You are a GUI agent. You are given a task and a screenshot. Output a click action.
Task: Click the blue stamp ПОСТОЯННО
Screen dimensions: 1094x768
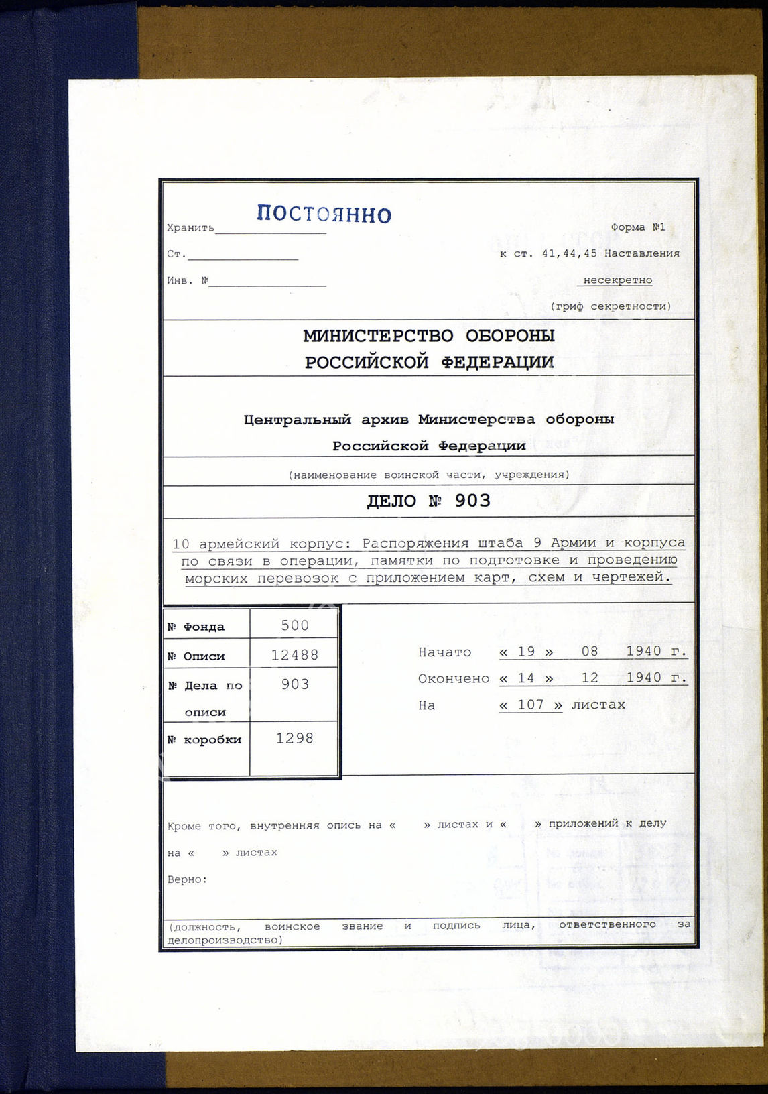pos(324,214)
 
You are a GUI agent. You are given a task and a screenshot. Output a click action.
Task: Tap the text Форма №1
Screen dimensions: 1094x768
pos(637,227)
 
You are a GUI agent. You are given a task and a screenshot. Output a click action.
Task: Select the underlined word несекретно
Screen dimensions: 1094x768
pos(617,280)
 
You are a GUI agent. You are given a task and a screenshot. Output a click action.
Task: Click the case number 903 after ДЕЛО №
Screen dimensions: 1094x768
pos(472,501)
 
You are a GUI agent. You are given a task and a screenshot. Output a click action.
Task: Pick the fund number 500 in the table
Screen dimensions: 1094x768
pos(295,625)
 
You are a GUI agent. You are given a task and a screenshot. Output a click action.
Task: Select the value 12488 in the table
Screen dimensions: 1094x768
pos(295,655)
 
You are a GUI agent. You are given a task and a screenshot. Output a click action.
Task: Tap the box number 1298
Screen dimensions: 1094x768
pos(295,739)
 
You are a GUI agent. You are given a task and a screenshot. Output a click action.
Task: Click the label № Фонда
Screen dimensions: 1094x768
pos(196,627)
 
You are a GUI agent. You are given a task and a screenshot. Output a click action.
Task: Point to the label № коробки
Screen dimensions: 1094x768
pos(204,740)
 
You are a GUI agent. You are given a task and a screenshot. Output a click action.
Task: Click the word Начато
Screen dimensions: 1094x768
pos(444,652)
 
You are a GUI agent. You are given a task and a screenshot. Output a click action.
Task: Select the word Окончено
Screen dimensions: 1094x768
pos(454,679)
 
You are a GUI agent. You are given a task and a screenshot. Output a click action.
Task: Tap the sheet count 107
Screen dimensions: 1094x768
pos(530,705)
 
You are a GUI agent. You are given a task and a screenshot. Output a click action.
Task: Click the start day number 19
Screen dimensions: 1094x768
pos(527,652)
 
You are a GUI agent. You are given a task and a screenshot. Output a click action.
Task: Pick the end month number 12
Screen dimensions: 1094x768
pos(590,678)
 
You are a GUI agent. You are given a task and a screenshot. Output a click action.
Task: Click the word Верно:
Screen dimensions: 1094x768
pos(187,879)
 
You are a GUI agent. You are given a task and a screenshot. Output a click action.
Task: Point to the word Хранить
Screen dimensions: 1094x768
pos(190,228)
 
